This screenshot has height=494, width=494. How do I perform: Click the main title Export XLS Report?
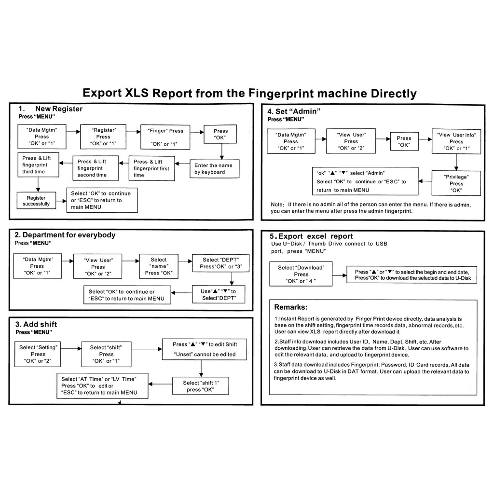(249, 93)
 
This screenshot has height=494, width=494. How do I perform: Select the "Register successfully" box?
(36, 201)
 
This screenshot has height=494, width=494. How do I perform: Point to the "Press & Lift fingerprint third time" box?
(39, 165)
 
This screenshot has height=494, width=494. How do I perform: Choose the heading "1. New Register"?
(50, 109)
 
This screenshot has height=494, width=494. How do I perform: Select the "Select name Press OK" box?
(159, 266)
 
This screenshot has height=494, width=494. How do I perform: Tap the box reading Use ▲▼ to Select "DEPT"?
(219, 294)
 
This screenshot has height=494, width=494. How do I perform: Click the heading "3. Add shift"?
(36, 324)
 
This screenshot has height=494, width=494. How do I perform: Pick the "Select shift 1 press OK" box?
(200, 386)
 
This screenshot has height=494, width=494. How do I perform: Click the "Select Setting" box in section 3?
(38, 354)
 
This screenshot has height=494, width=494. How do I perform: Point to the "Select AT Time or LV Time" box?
(102, 385)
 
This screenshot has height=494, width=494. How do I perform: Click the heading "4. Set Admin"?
(294, 111)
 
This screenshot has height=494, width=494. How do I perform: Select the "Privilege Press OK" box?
(456, 183)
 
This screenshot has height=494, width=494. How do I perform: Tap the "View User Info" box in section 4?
(456, 141)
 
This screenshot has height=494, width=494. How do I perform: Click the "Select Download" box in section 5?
(301, 274)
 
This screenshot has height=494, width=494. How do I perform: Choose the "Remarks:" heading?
(290, 307)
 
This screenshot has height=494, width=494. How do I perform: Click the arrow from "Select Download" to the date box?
(340, 275)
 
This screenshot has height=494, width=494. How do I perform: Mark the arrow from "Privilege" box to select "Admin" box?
(425, 182)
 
